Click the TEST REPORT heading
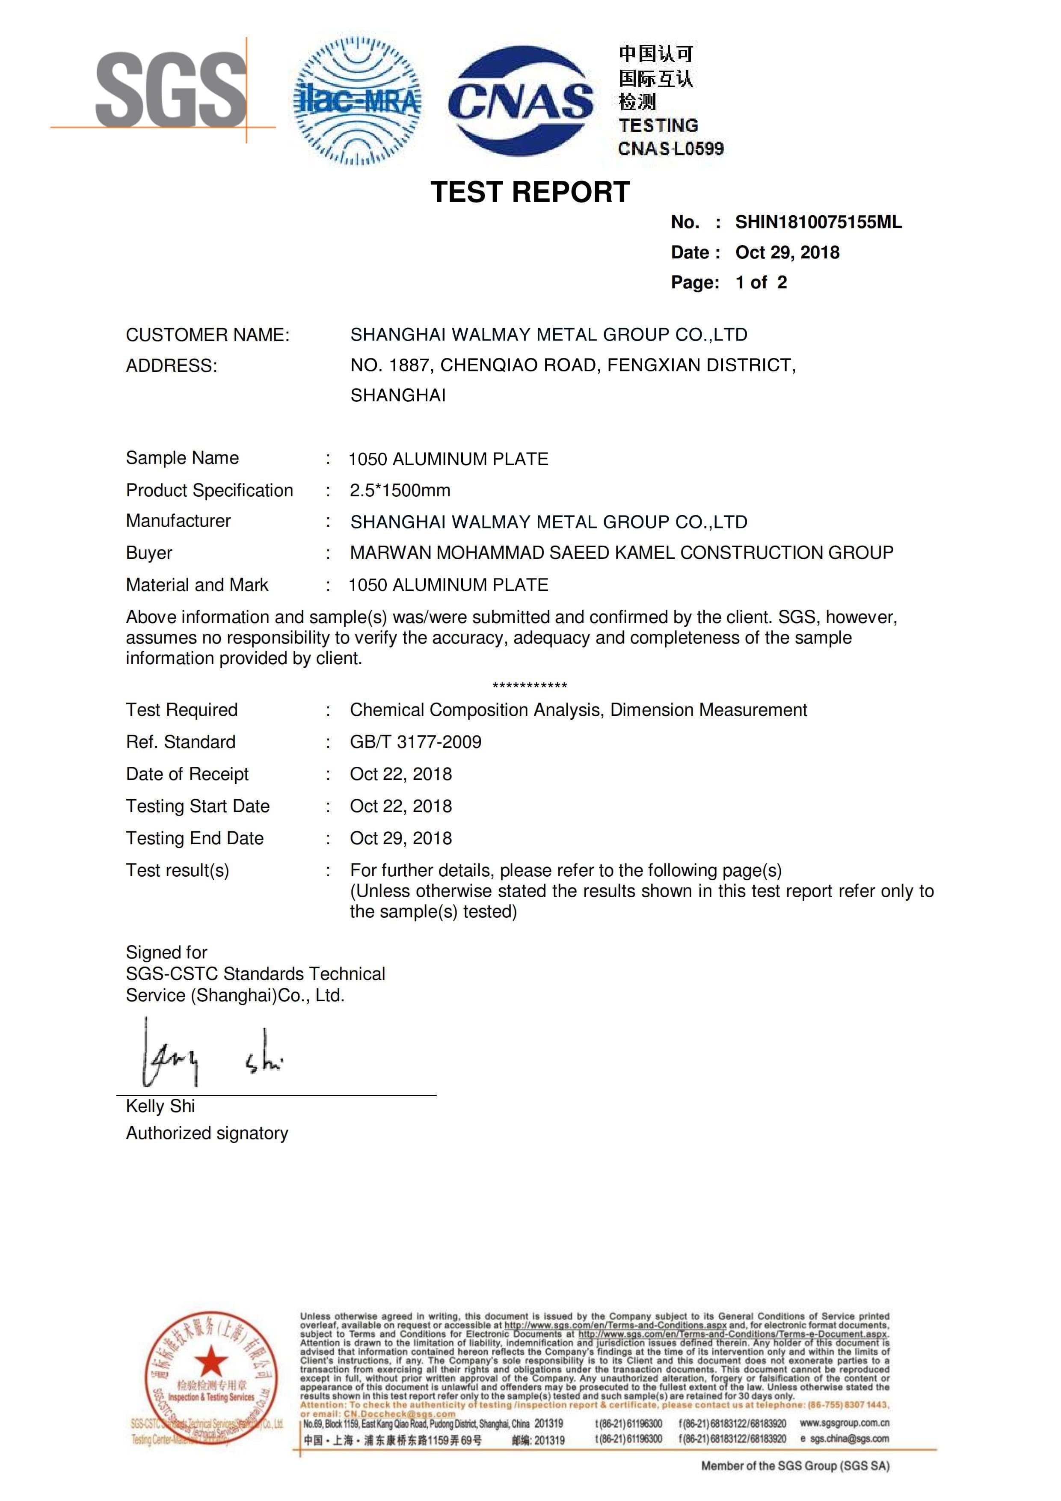click(x=530, y=192)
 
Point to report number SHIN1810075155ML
click(x=818, y=222)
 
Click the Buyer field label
click(x=149, y=553)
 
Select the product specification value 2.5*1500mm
click(x=400, y=490)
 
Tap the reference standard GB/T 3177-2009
click(x=416, y=742)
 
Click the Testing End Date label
click(x=195, y=838)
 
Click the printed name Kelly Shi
click(x=160, y=1106)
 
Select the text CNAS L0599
click(x=671, y=149)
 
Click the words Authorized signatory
click(x=207, y=1133)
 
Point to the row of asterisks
click(x=530, y=686)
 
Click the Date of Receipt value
click(x=401, y=774)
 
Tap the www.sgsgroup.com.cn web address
click(x=844, y=1423)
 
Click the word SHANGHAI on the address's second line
click(x=398, y=395)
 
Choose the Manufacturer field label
click(x=178, y=521)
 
